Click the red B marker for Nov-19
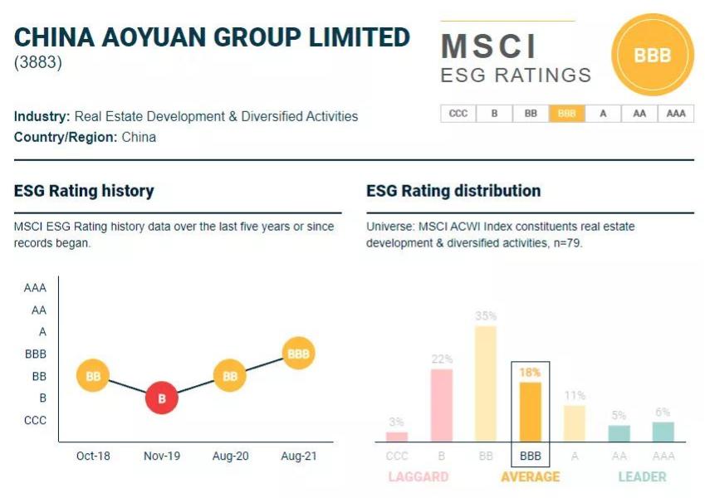[162, 398]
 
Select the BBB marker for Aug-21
[298, 354]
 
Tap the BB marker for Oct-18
[93, 376]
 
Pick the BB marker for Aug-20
[230, 376]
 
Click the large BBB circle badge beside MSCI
[652, 56]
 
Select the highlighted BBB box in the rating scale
[566, 114]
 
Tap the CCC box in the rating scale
[458, 114]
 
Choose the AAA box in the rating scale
[676, 114]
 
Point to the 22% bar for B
[442, 405]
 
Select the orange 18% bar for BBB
[530, 412]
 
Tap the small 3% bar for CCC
[398, 437]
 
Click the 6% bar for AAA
[663, 432]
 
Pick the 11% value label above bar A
[575, 395]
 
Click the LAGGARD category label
[419, 476]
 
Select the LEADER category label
[642, 476]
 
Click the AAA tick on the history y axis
[35, 288]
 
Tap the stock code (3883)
[38, 62]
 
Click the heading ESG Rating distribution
[453, 191]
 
